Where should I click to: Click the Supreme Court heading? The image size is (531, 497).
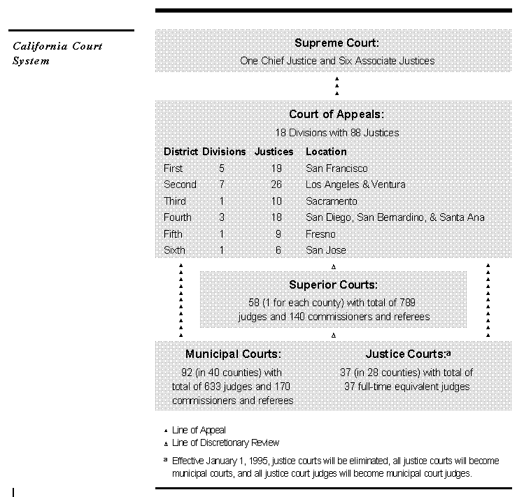point(337,43)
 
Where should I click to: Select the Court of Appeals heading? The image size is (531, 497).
point(337,115)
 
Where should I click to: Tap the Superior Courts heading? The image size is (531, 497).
point(333,284)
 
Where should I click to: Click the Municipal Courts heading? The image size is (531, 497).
point(233,354)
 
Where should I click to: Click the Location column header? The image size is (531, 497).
point(326,152)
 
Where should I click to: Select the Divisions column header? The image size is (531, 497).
point(224,152)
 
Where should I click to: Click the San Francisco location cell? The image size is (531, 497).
point(337,168)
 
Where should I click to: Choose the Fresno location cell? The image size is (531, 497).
point(320,234)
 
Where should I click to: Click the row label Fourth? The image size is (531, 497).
point(177,217)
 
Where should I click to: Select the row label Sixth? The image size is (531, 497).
point(174,250)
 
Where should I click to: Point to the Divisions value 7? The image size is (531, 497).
point(222,185)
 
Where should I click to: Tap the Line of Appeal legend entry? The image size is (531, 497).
point(199,431)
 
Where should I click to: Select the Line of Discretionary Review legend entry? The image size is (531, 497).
point(225,442)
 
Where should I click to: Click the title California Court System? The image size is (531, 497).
point(57,53)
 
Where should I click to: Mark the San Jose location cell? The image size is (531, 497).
point(326,250)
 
